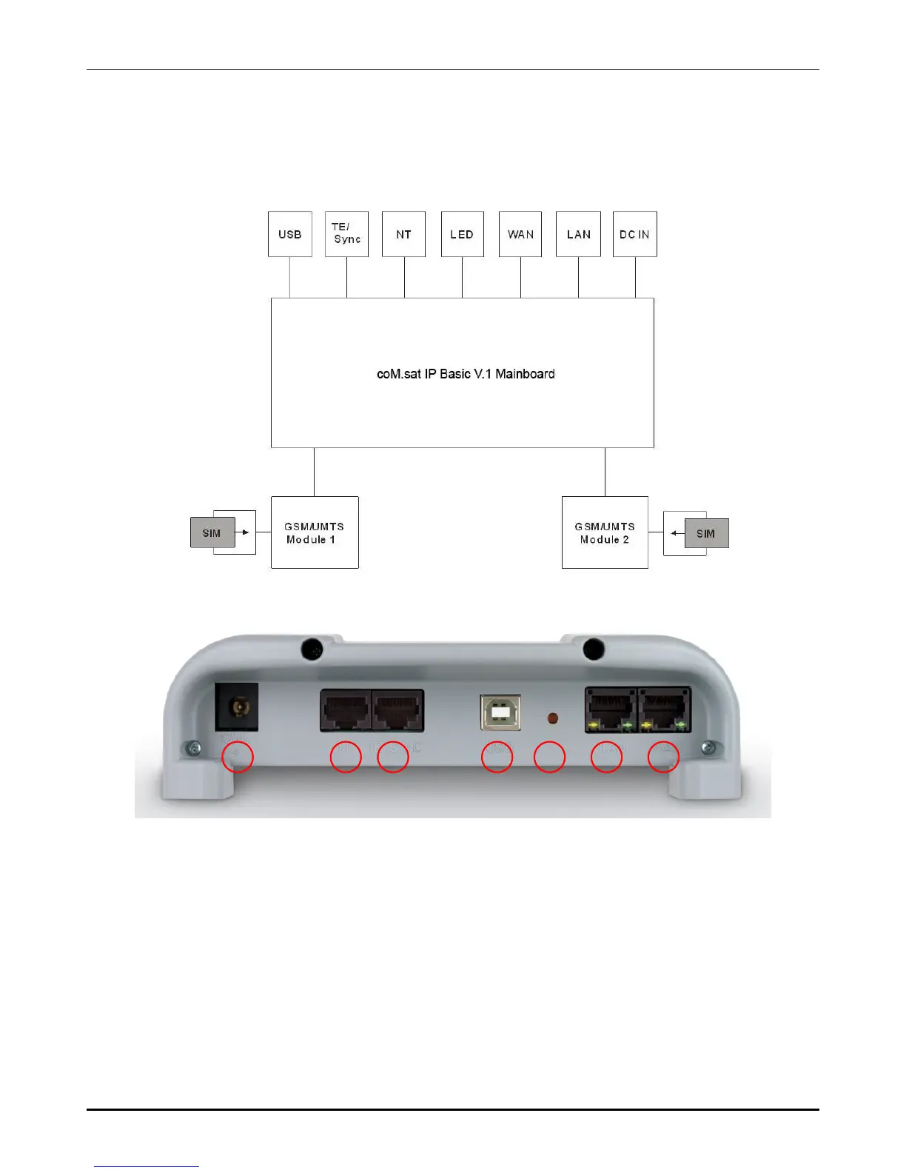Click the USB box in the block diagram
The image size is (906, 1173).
[289, 234]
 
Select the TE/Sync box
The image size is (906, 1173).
[346, 234]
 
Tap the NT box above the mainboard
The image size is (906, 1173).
[403, 234]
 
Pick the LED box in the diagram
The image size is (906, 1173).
[462, 234]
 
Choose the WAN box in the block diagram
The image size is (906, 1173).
[520, 234]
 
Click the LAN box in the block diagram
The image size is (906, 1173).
[578, 234]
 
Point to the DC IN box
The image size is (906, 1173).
[634, 234]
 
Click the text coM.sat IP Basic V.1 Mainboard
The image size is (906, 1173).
[466, 374]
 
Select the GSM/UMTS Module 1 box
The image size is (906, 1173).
[315, 532]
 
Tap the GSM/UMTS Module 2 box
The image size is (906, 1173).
[605, 532]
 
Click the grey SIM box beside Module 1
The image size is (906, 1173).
[212, 532]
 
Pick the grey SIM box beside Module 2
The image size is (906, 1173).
[706, 533]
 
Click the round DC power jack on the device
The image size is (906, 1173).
[238, 706]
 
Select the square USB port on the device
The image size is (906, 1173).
[500, 712]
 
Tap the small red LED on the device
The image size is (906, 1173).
[551, 718]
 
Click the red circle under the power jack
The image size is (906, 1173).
[238, 757]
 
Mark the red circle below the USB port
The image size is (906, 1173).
[497, 757]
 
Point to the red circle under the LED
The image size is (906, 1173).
[550, 757]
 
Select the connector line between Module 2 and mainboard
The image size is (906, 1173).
[605, 472]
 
